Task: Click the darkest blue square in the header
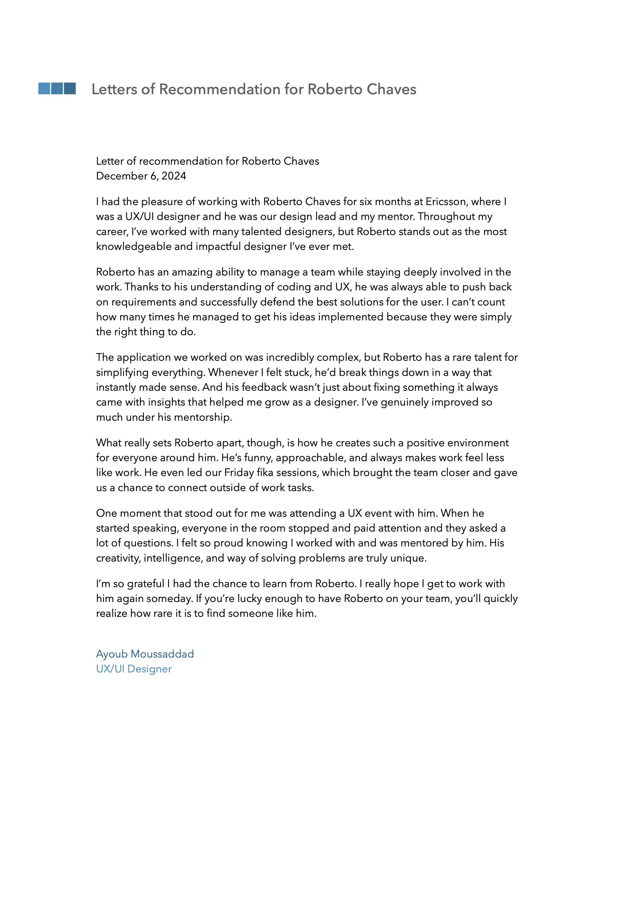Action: [70, 88]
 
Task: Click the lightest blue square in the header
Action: [44, 88]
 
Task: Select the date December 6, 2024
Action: [141, 176]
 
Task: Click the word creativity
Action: [118, 558]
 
